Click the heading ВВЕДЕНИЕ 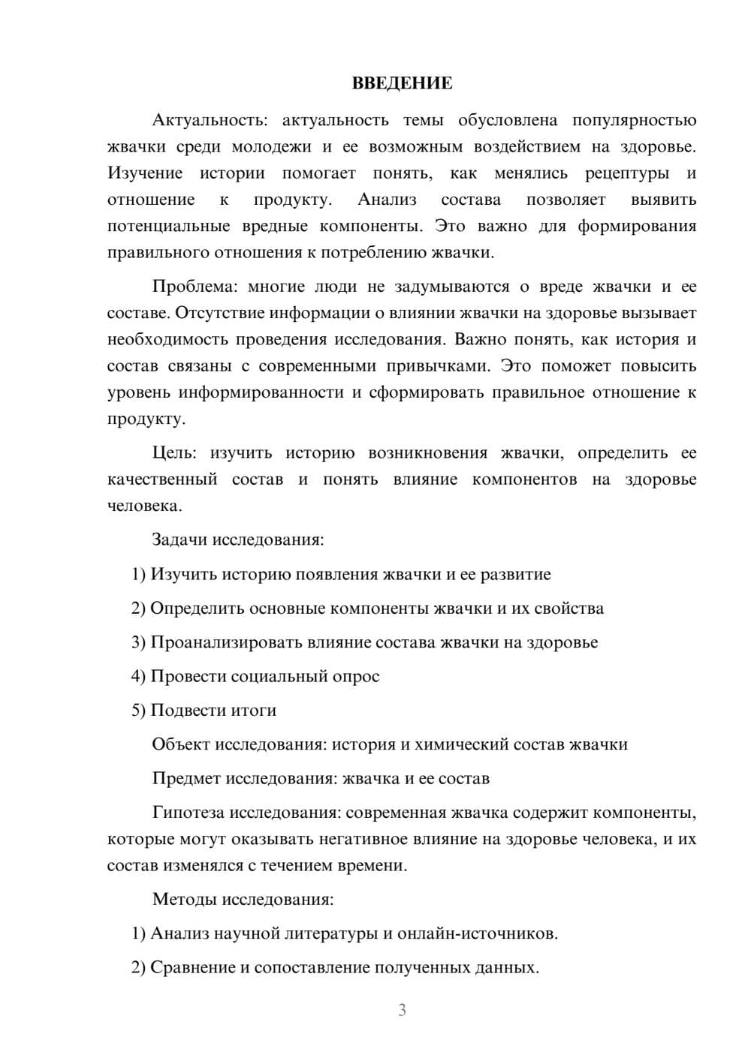(402, 83)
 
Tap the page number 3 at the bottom (402, 1010)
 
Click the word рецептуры (627, 173)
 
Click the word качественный (162, 479)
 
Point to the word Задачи (179, 540)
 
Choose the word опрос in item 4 (356, 677)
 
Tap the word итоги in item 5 (254, 711)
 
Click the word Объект (181, 744)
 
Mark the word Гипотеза (188, 813)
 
